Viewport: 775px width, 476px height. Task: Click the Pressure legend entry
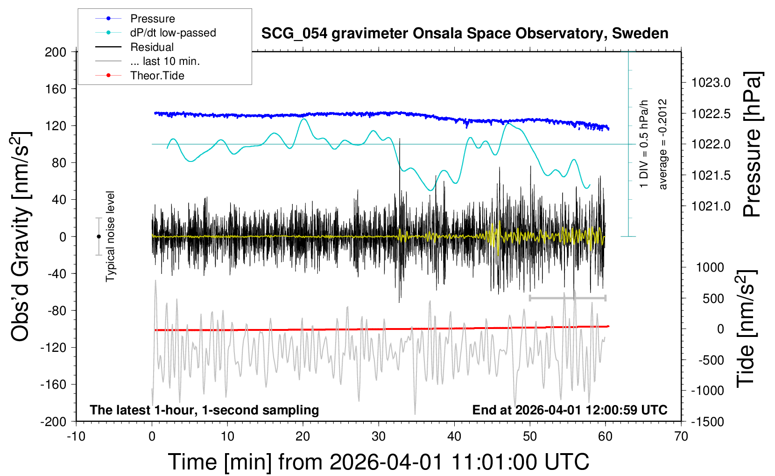[135, 18]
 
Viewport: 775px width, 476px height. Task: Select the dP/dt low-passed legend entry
[155, 33]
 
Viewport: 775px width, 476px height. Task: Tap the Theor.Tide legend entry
[140, 76]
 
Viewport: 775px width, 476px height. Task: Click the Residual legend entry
[134, 47]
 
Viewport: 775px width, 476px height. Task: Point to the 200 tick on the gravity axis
[56, 52]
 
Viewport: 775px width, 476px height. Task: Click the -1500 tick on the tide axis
[707, 422]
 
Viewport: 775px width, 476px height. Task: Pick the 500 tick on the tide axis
[713, 299]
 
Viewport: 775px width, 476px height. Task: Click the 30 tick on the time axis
[379, 436]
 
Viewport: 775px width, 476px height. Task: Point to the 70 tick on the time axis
[681, 436]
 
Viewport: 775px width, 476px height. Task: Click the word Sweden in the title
[640, 34]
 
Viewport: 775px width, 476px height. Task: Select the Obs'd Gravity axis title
[20, 237]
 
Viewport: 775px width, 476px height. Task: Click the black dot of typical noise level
[99, 237]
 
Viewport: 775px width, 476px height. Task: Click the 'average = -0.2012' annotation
[662, 144]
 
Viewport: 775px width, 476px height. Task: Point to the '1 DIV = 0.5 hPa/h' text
[643, 144]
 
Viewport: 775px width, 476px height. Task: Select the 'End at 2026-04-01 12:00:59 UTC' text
[570, 410]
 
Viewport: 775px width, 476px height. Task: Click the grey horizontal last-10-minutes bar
[567, 298]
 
